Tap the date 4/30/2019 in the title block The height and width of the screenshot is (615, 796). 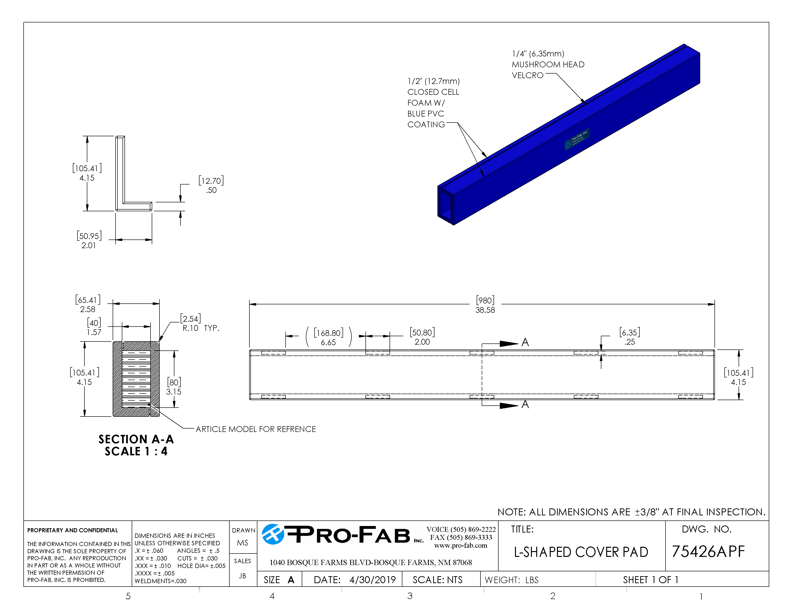372,580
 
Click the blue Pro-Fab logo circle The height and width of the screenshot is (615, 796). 273,534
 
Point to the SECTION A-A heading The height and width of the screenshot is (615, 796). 136,439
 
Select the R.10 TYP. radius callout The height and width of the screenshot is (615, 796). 200,328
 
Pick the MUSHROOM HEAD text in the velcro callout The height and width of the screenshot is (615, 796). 548,64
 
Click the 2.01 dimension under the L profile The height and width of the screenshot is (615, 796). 89,246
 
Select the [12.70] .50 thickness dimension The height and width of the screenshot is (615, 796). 211,185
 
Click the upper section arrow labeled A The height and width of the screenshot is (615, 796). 525,342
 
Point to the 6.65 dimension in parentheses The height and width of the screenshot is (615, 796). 328,342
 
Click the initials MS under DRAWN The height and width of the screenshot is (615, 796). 242,543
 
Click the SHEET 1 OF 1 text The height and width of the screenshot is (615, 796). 650,580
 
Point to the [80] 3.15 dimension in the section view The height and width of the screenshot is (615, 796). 174,387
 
